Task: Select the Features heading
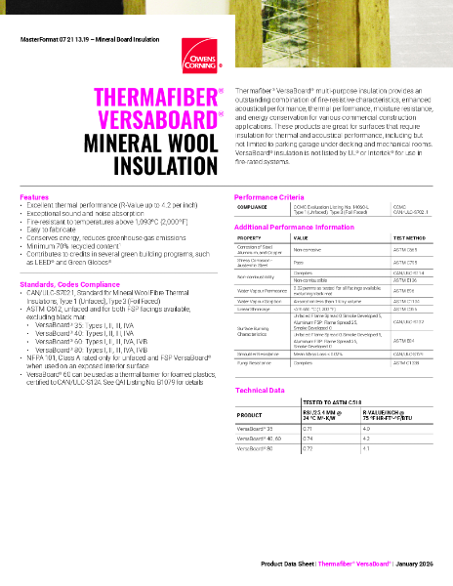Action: click(35, 196)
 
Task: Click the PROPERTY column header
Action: click(250, 236)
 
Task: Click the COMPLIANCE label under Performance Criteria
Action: click(253, 207)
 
